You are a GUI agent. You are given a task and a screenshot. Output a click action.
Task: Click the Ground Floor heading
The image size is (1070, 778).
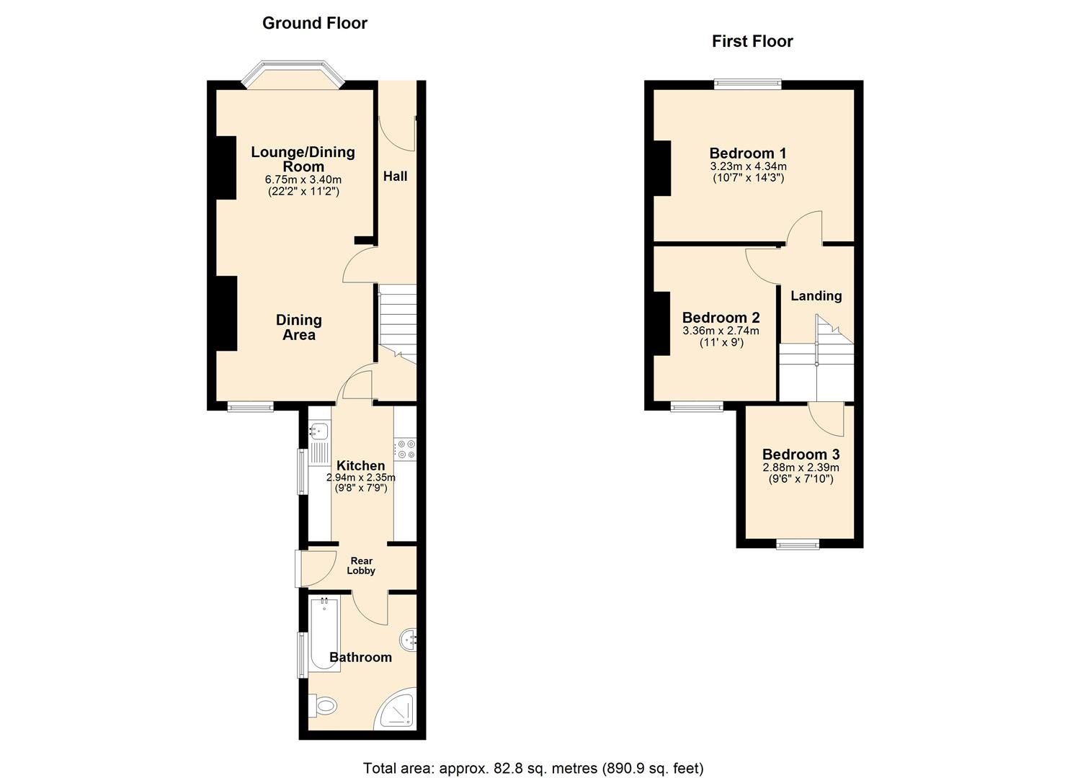coord(315,23)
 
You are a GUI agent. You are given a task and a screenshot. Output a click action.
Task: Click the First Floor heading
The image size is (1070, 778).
coord(752,42)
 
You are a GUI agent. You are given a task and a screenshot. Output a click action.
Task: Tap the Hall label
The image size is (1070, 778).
coord(395,176)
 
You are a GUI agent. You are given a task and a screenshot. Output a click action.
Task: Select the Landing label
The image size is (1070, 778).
coord(816,295)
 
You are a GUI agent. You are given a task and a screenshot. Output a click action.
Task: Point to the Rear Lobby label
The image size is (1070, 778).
coord(361,565)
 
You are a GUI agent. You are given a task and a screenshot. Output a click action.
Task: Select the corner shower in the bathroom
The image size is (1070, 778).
coord(396,710)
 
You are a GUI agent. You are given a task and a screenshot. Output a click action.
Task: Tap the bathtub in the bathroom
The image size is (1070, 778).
coord(324,634)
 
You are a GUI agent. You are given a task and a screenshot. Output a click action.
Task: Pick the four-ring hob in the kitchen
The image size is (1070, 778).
coord(405,450)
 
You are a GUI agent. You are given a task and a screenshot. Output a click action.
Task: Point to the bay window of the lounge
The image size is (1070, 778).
coord(293,74)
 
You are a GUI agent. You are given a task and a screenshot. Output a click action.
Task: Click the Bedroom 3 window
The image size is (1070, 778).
coord(797,544)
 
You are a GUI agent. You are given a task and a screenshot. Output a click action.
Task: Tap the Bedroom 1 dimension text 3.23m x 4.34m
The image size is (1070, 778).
coord(748,166)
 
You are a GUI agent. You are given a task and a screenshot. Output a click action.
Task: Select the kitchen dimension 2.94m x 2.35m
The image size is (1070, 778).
coord(361,477)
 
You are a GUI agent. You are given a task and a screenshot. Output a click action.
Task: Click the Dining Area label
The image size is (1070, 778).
coord(298,327)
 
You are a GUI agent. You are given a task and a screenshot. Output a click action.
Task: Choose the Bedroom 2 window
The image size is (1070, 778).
coord(697,408)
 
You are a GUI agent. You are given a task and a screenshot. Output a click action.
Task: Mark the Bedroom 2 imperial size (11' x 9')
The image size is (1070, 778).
coord(722,342)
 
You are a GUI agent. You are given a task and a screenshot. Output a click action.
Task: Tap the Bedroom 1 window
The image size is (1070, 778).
coord(748,84)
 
